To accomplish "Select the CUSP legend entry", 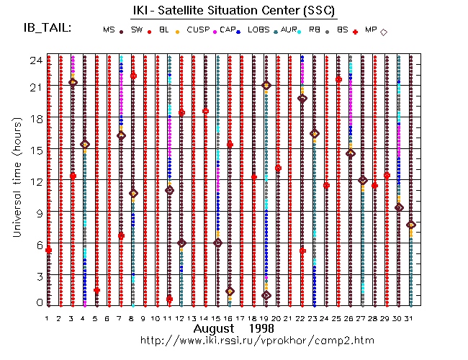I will pyautogui.click(x=197, y=30).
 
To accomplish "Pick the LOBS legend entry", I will pyautogui.click(x=258, y=30).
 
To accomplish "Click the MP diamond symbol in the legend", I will pyautogui.click(x=384, y=32).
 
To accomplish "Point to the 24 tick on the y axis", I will pyautogui.click(x=33, y=61).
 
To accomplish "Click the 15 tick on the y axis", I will pyautogui.click(x=33, y=150).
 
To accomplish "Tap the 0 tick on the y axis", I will pyautogui.click(x=37, y=303).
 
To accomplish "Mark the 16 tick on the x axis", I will pyautogui.click(x=230, y=318).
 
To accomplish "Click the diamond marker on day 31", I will pyautogui.click(x=410, y=225).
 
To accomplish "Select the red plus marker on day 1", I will pyautogui.click(x=48, y=250).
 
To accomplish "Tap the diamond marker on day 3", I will pyautogui.click(x=73, y=82).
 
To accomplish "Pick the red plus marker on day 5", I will pyautogui.click(x=96, y=290).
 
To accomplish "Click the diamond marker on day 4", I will pyautogui.click(x=85, y=145).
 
